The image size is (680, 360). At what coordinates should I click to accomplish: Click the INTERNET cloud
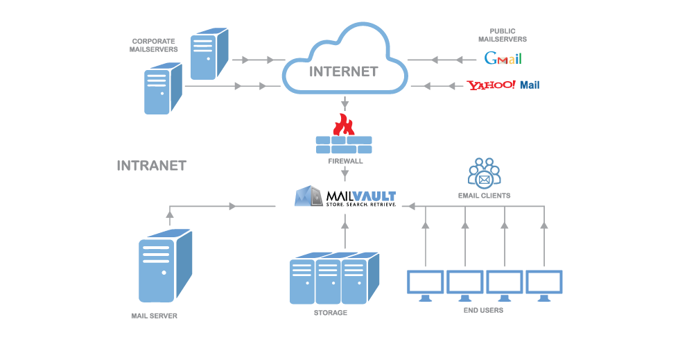pos(344,62)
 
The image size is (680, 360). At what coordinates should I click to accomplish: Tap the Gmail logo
pos(503,58)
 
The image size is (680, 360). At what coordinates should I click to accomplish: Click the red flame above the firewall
pos(343,125)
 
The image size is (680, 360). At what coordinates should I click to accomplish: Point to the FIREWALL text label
pos(345,161)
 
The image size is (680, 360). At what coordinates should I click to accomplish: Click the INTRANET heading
pos(151,166)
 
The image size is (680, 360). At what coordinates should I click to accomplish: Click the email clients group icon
pos(484,173)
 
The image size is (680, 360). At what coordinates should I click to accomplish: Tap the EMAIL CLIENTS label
pos(484,196)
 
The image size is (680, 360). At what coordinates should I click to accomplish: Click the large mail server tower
pos(165,267)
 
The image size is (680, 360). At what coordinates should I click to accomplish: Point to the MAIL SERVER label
pos(155,316)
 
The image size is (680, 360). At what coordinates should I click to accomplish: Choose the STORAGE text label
pos(330,313)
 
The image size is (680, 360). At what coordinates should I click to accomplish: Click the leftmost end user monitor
pos(426,285)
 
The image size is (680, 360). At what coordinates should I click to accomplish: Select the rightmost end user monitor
pos(544,285)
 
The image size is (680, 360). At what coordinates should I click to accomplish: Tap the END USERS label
pos(483,310)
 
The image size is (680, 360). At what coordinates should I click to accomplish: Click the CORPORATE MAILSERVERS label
pos(154,45)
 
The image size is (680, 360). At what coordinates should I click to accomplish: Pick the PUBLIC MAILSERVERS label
pos(503,35)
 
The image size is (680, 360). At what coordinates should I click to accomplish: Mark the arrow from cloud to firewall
pos(345,105)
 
